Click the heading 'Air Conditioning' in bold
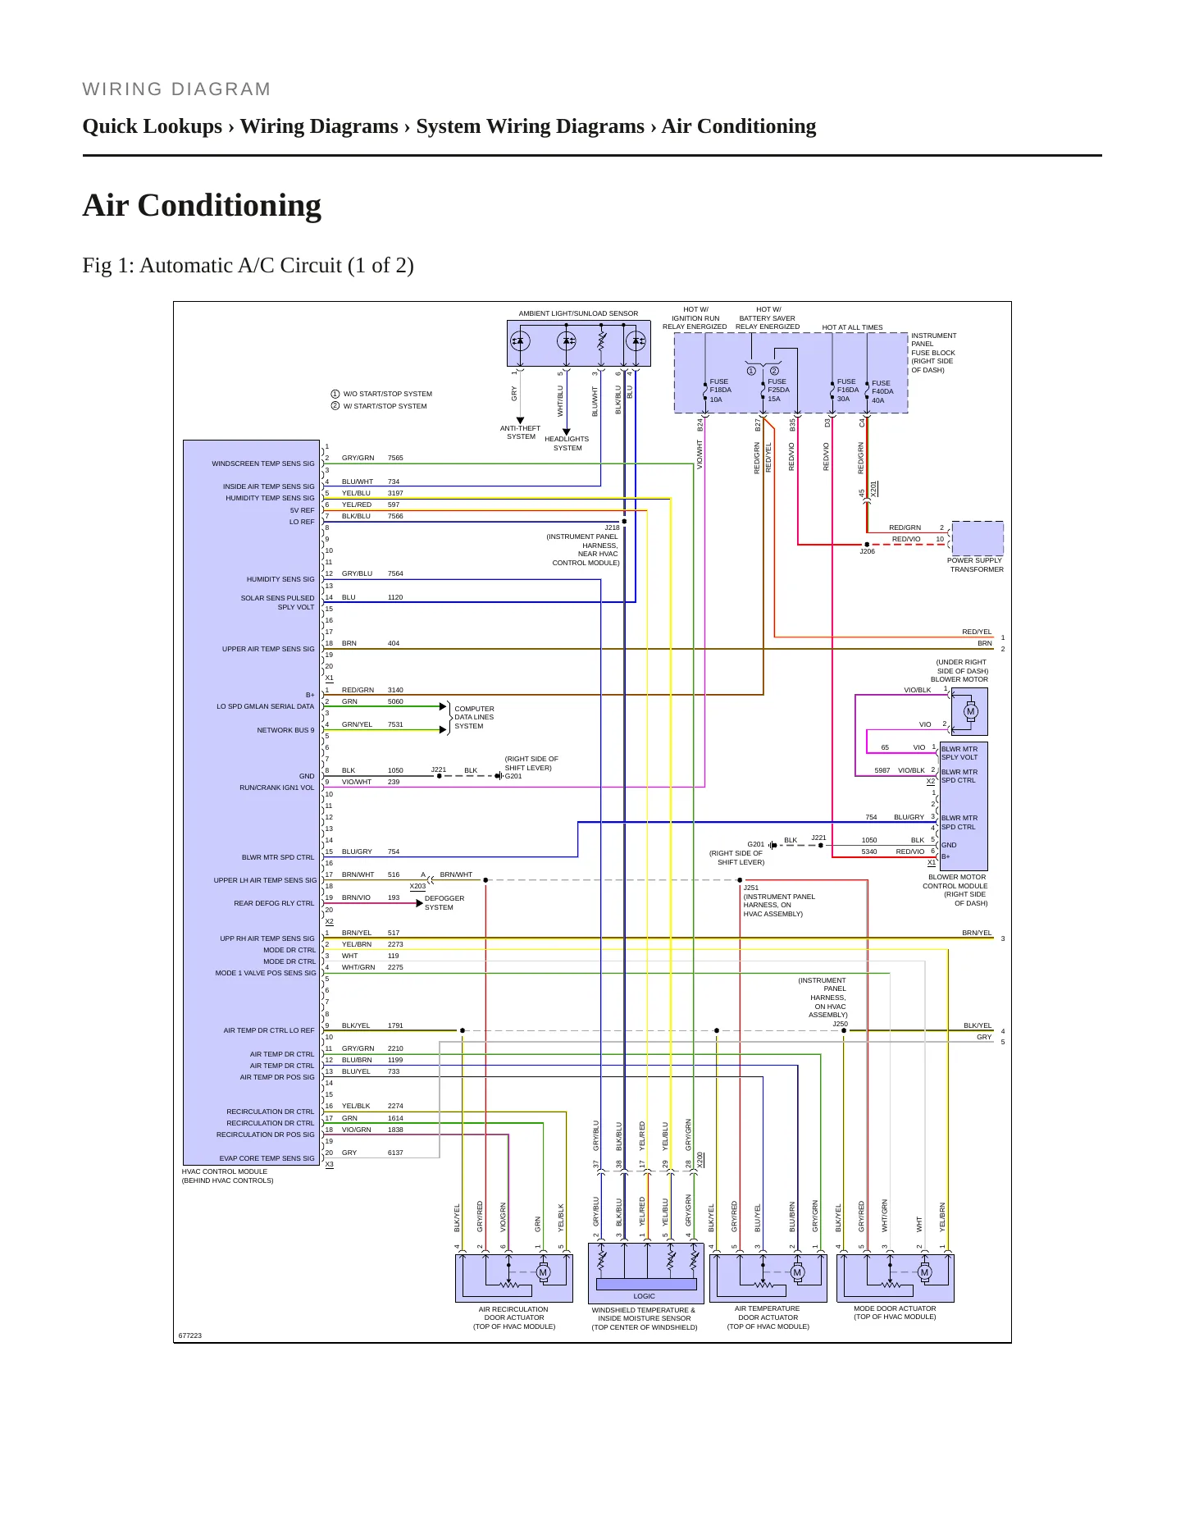coord(202,205)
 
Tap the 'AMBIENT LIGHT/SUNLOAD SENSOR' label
coord(578,313)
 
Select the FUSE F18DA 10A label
coord(719,390)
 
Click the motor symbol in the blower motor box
coord(971,711)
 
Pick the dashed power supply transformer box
coord(978,539)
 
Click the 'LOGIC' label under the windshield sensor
coord(645,1296)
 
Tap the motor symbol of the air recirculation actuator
coord(543,1272)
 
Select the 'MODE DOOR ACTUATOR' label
coord(895,1308)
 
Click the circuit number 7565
coord(395,458)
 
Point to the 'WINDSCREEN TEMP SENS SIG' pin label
coord(263,463)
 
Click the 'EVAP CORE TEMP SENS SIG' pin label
coord(267,1158)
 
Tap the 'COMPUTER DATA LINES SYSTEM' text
coord(474,717)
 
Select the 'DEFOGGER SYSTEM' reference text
coord(444,902)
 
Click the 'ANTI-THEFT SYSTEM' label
coord(521,432)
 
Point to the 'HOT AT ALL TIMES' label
coord(853,327)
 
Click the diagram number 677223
coord(190,1335)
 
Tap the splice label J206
coord(867,551)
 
